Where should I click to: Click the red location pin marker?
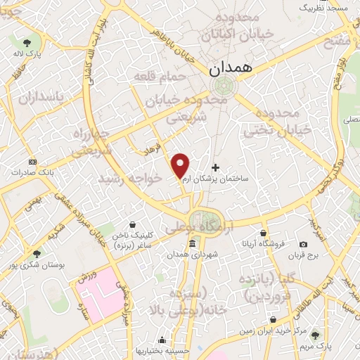(x=181, y=165)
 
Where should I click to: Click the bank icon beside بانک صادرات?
(x=30, y=162)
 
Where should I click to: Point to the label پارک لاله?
(x=30, y=53)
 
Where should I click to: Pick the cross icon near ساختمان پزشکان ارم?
(x=215, y=167)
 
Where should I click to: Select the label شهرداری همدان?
(x=192, y=255)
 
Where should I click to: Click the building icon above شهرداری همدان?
(x=192, y=244)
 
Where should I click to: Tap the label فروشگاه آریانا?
(x=264, y=244)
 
